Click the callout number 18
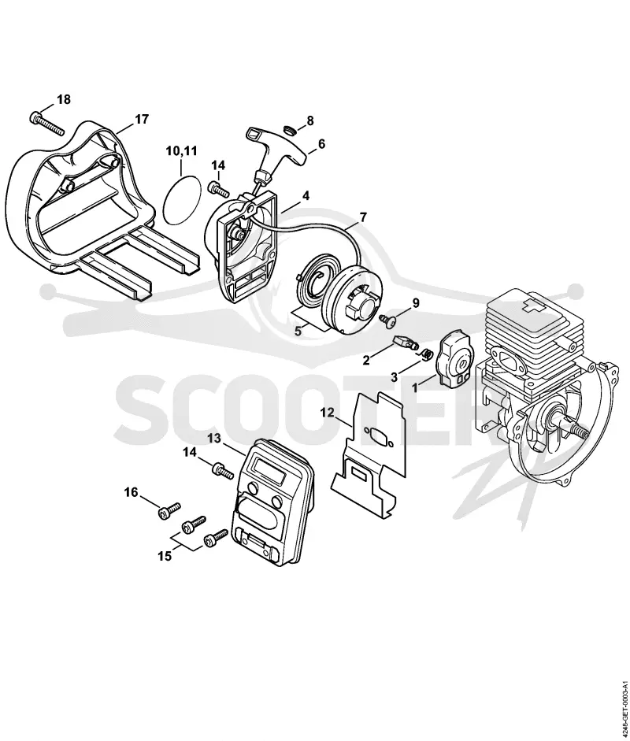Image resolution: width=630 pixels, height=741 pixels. tap(63, 99)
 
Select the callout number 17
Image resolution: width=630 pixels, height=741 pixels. tap(141, 119)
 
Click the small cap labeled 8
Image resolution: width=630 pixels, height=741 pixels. tap(289, 129)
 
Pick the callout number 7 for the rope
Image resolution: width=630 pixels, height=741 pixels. tap(362, 217)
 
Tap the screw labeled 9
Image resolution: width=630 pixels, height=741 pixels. tap(387, 320)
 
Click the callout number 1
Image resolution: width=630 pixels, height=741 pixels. tap(414, 387)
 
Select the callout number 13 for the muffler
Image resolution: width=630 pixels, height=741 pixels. tap(213, 439)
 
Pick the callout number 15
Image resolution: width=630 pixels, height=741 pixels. tap(165, 556)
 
